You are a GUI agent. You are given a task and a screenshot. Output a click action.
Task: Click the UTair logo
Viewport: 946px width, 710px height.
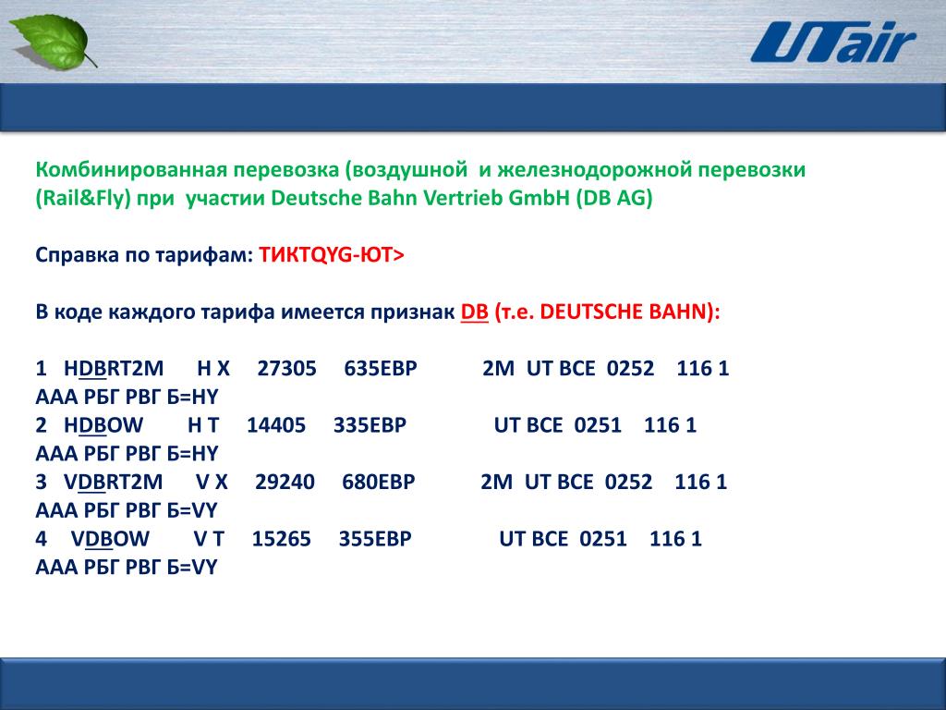click(x=833, y=42)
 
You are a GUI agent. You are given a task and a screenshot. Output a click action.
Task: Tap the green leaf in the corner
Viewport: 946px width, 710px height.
click(x=53, y=41)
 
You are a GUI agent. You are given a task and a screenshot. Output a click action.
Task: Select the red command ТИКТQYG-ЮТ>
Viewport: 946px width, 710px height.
click(x=332, y=255)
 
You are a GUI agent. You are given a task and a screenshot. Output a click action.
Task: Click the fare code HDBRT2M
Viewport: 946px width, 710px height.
click(x=114, y=368)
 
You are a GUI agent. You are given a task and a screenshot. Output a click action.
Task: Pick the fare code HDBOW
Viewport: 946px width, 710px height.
click(x=103, y=425)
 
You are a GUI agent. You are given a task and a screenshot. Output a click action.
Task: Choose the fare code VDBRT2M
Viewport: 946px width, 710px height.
click(x=113, y=482)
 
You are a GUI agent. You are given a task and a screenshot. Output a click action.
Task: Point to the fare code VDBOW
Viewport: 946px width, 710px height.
click(x=110, y=539)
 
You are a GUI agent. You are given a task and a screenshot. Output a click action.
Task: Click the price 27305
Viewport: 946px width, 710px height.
click(x=286, y=368)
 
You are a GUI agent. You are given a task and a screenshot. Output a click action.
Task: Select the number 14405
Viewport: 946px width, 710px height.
click(x=275, y=425)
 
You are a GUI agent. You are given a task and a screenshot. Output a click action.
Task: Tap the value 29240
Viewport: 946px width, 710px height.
click(x=285, y=482)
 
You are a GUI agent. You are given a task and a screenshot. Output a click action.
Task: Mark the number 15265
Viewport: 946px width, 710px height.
click(x=281, y=539)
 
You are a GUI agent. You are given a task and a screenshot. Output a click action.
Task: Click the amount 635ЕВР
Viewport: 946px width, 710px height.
click(x=380, y=368)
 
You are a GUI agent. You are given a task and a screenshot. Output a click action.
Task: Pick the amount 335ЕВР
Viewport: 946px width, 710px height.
click(x=370, y=425)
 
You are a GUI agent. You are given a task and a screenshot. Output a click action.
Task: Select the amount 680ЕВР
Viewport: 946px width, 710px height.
click(x=378, y=482)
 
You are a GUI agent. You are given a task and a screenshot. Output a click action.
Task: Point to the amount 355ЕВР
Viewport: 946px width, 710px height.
click(x=375, y=539)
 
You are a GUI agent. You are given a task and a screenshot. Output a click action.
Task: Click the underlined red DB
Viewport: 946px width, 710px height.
click(x=474, y=312)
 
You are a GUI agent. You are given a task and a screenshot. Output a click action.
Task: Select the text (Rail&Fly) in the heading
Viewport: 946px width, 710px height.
click(x=83, y=199)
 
